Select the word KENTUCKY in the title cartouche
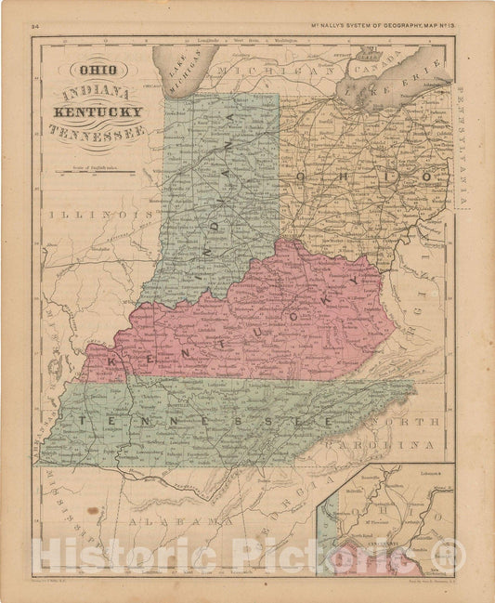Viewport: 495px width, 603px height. pyautogui.click(x=103, y=112)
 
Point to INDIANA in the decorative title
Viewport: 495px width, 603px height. pyautogui.click(x=96, y=93)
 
